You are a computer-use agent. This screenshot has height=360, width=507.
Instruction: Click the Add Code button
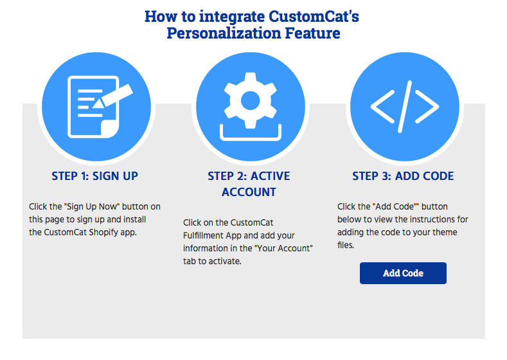[403, 273]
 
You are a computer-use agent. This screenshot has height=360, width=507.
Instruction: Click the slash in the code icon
[405, 107]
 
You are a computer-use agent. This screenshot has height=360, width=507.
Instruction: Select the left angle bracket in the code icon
[383, 107]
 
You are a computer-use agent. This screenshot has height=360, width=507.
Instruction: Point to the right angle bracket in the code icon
[427, 107]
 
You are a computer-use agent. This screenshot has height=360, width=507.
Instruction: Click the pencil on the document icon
[113, 96]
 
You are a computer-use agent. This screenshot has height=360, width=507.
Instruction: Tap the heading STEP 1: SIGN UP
[94, 176]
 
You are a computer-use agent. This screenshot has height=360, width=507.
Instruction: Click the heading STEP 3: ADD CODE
[403, 176]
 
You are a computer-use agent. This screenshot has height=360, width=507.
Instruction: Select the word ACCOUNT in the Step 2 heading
[249, 192]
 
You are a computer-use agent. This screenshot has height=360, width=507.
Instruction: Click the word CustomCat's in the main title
[314, 16]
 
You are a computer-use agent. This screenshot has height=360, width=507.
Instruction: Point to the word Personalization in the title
[224, 33]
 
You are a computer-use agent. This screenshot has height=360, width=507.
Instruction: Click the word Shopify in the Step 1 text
[103, 233]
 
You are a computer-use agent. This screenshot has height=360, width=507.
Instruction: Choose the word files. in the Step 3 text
[346, 245]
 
